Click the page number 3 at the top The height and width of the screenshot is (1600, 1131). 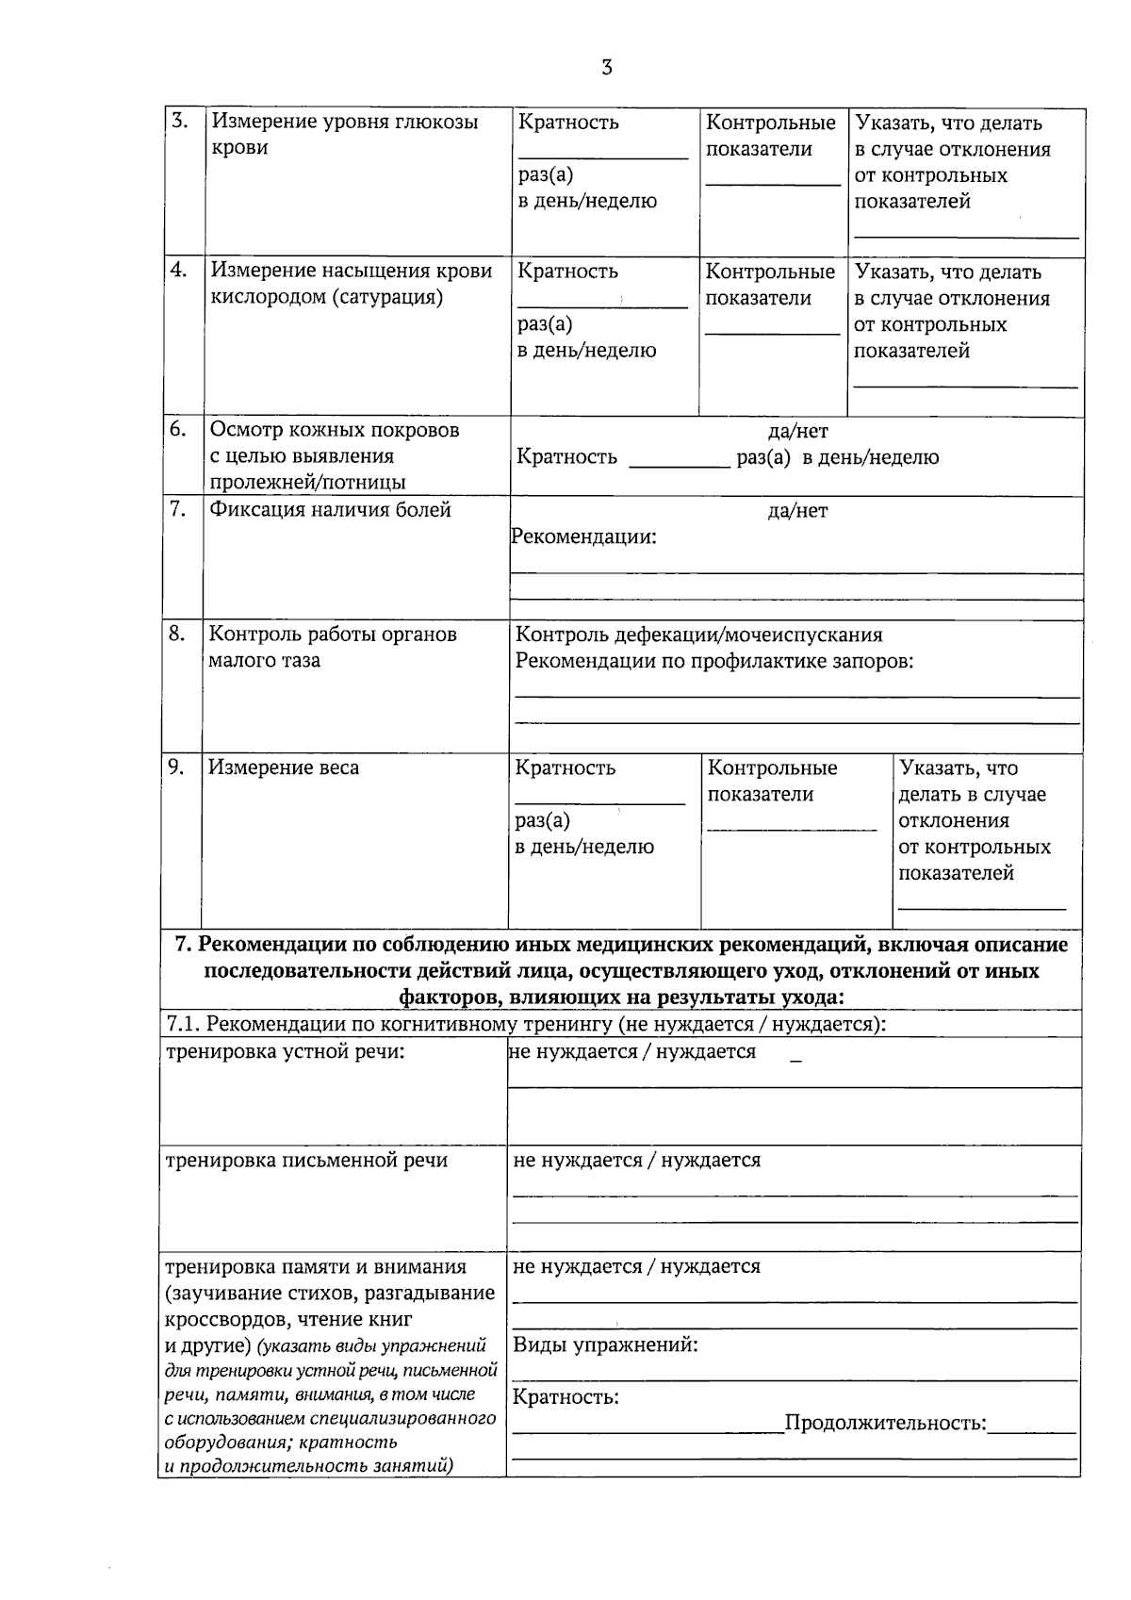point(606,68)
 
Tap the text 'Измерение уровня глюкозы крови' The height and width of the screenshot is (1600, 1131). point(344,134)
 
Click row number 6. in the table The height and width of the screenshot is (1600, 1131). point(178,429)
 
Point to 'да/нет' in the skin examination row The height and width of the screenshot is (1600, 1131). point(797,432)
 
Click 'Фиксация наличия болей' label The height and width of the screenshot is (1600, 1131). point(330,510)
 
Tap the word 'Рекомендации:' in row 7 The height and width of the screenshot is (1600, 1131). point(584,537)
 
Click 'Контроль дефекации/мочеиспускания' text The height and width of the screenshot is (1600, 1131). point(698,635)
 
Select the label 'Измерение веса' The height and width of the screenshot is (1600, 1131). point(284,767)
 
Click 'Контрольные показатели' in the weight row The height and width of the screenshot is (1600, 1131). point(771,781)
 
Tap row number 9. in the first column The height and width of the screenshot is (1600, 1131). point(176,767)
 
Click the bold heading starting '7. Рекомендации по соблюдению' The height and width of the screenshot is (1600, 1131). point(622,969)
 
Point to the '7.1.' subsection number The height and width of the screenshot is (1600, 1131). point(183,1024)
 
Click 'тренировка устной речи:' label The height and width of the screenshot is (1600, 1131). point(285,1051)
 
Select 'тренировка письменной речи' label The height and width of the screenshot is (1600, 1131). point(306,1161)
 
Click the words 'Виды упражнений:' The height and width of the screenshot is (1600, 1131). point(605,1344)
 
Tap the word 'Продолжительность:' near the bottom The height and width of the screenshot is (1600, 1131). point(885,1423)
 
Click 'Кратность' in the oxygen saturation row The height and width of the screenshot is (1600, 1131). point(568,272)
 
